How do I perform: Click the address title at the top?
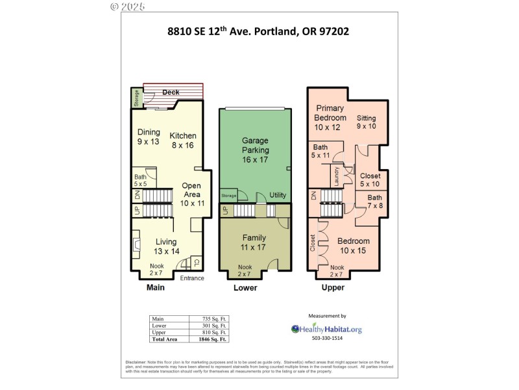(259, 31)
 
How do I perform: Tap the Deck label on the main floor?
(171, 92)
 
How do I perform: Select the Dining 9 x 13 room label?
(148, 136)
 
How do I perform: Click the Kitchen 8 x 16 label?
(183, 140)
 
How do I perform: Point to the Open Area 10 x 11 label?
(192, 194)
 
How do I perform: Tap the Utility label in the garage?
(278, 195)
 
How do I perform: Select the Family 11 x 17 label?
(254, 242)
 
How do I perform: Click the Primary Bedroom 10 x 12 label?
(330, 118)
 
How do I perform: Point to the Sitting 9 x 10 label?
(367, 122)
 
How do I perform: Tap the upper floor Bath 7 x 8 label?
(375, 201)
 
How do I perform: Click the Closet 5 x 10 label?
(370, 179)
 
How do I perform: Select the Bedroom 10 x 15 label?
(354, 246)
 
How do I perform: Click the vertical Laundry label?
(336, 175)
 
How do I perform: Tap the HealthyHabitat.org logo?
(326, 329)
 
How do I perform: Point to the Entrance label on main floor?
(191, 278)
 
